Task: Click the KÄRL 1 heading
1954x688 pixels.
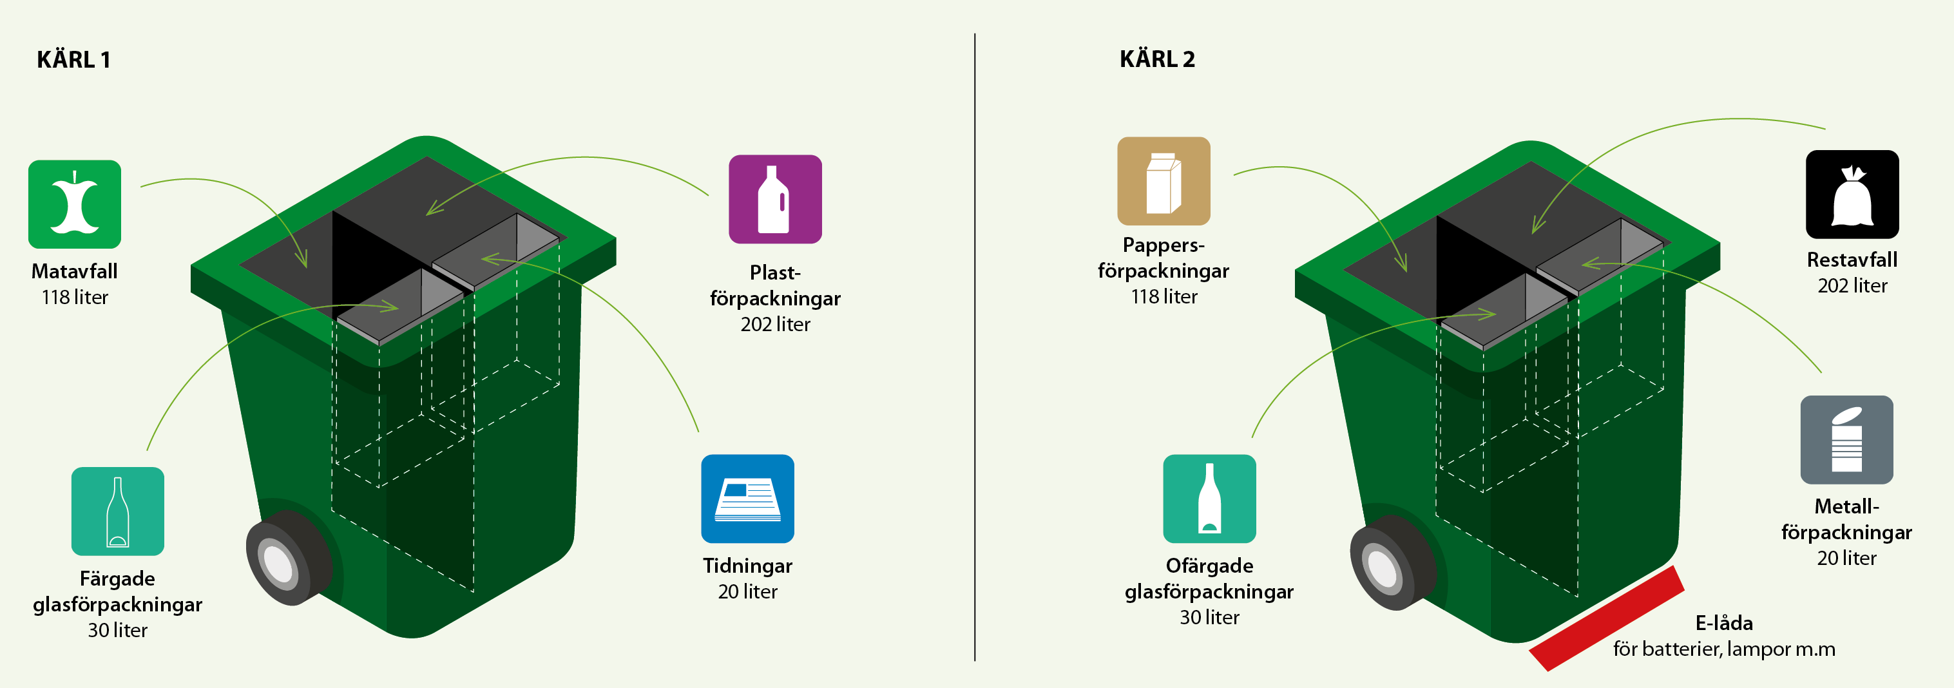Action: point(73,59)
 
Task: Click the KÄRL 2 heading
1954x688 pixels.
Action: point(1157,59)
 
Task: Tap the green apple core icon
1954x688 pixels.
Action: point(74,204)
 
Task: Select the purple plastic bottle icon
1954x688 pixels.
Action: point(774,199)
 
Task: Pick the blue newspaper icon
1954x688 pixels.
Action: point(747,499)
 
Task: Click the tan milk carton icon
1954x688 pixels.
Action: point(1163,180)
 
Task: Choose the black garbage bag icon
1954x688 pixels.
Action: point(1852,194)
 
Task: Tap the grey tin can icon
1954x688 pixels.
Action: point(1846,439)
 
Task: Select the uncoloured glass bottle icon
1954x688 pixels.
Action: point(1209,499)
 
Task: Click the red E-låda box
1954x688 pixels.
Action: point(1607,618)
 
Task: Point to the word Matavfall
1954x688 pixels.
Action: point(74,271)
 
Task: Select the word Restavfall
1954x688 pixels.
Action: point(1852,260)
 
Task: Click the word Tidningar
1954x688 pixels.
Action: point(747,565)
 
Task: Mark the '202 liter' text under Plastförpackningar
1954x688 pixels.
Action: point(775,324)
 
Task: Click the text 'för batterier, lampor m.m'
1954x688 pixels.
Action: point(1723,649)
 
